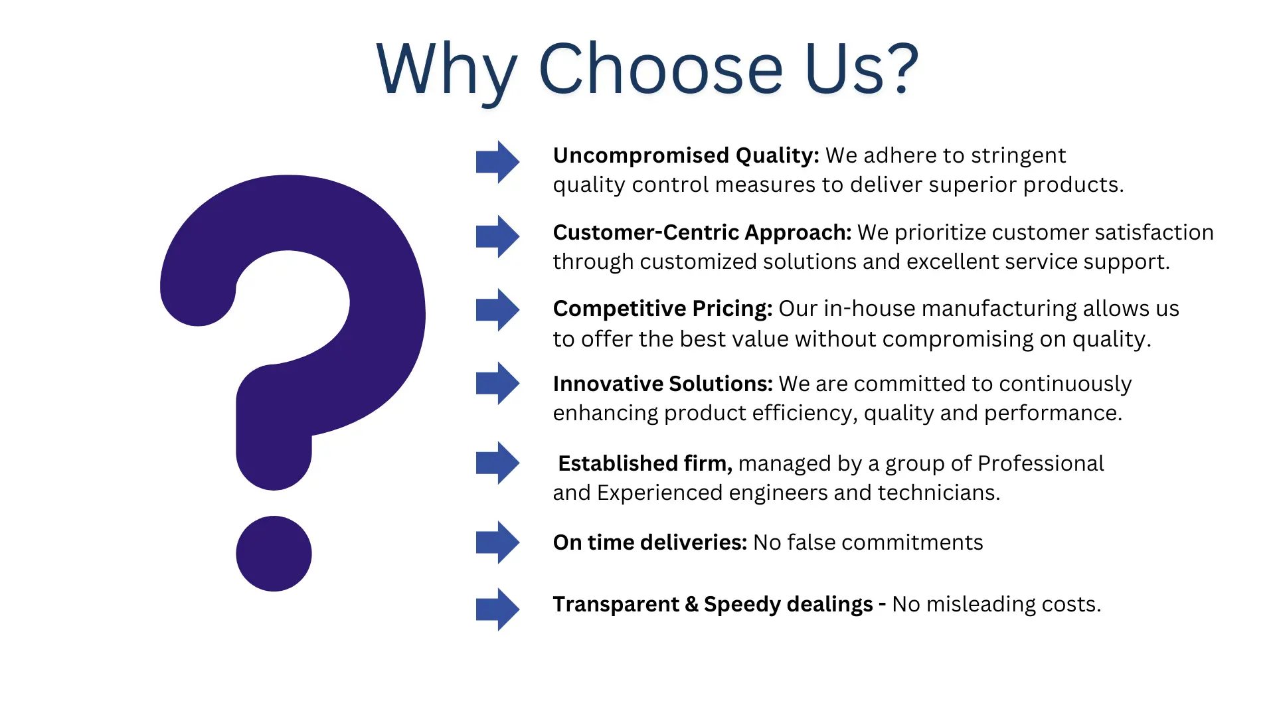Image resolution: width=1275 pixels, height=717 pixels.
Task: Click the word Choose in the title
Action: tap(661, 68)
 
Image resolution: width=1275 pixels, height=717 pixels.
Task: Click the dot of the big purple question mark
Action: tap(274, 554)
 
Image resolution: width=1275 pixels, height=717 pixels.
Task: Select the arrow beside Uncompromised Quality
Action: tap(497, 162)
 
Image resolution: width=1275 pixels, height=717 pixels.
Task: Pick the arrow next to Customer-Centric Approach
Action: tap(497, 236)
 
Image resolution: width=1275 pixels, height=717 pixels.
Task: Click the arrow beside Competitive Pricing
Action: tap(497, 310)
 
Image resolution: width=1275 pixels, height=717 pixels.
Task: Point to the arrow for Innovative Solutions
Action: tap(497, 383)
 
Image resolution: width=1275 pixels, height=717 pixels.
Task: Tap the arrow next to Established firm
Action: tap(497, 463)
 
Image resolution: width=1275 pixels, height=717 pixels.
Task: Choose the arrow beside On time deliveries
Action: tap(497, 542)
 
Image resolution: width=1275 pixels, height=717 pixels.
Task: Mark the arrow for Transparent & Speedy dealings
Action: tap(497, 609)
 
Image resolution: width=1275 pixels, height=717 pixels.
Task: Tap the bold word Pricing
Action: tap(732, 309)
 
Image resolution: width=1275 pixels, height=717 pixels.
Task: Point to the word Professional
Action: tap(1041, 463)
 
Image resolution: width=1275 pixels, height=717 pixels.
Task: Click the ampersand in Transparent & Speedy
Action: tap(691, 604)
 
